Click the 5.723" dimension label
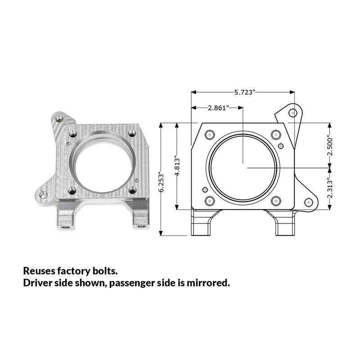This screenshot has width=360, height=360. tap(245, 92)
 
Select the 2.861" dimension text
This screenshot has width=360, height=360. tap(218, 108)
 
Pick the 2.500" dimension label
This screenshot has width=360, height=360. tap(330, 147)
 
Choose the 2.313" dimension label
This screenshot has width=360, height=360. tap(330, 188)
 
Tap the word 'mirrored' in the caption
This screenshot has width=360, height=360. tap(208, 283)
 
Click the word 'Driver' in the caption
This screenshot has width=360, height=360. tap(37, 283)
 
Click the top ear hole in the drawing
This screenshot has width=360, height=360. tap(292, 113)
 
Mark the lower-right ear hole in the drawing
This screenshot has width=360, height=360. tap(308, 202)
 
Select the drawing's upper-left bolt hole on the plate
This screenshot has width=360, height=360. tap(209, 135)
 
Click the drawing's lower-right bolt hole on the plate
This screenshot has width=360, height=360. tap(276, 201)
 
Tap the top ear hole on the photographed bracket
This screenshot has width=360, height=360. tap(59, 119)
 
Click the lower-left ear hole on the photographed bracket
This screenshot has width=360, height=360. tap(43, 195)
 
